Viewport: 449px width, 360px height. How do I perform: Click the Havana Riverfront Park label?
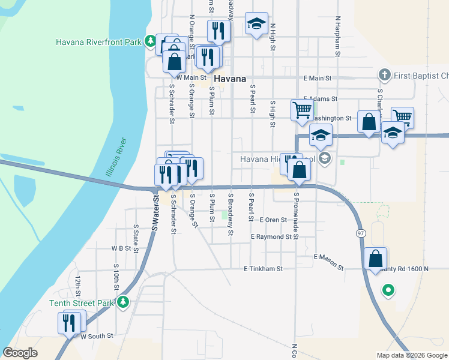[x=98, y=42]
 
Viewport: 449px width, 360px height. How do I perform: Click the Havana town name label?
[x=230, y=79]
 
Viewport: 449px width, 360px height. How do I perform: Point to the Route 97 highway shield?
[x=360, y=232]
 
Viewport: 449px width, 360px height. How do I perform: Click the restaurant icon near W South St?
[x=70, y=323]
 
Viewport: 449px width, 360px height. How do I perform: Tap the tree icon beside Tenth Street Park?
[x=123, y=302]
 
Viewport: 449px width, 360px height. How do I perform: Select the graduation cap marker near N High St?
[x=256, y=24]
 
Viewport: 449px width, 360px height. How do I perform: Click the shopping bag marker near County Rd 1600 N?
[x=376, y=259]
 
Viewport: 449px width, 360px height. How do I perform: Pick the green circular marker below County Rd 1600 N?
[x=388, y=292]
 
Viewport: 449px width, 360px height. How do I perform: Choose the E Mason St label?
[x=328, y=261]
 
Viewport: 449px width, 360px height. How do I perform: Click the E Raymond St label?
[x=275, y=237]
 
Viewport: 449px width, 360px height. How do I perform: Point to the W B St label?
[x=121, y=248]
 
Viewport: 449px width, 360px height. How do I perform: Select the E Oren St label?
[x=274, y=220]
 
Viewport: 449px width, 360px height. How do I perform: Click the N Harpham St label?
[x=339, y=37]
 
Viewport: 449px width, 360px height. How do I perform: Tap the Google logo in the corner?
[x=20, y=353]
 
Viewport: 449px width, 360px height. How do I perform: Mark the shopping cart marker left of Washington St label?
[x=301, y=109]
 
